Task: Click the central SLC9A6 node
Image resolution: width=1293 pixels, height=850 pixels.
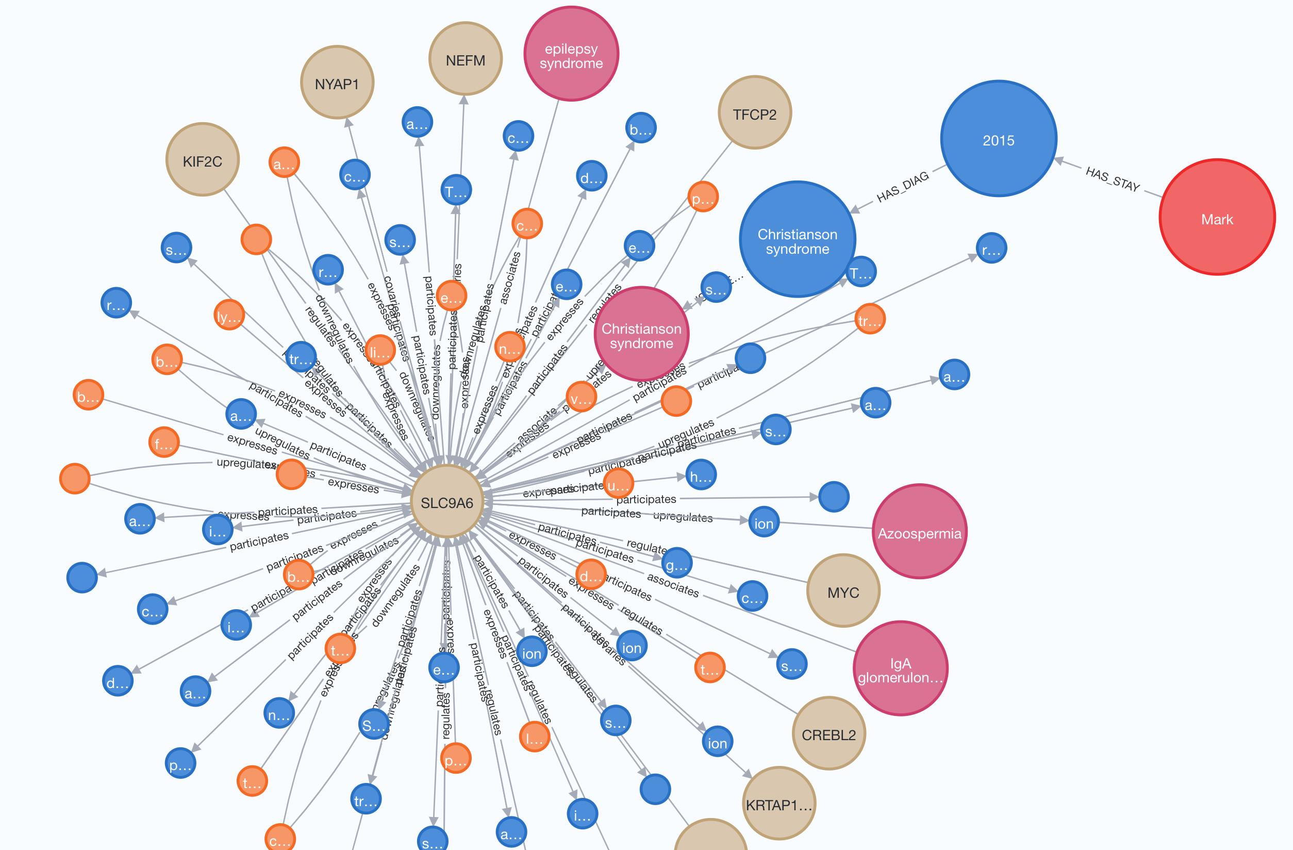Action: [446, 502]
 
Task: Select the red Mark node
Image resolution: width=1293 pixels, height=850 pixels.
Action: [1216, 217]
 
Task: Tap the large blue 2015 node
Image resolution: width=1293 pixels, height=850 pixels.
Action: [998, 139]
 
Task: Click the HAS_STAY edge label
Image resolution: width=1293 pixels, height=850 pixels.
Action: [1112, 179]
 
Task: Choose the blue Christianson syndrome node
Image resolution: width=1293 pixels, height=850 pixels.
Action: [797, 240]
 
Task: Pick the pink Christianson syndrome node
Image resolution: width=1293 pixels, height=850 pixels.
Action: [641, 334]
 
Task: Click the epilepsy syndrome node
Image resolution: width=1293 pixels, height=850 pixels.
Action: [571, 54]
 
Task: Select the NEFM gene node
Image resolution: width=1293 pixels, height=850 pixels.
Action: [465, 59]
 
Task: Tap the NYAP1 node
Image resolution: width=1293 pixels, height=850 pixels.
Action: [337, 83]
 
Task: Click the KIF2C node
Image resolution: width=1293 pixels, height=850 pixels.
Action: [202, 160]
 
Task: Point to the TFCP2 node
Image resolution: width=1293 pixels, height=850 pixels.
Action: [754, 113]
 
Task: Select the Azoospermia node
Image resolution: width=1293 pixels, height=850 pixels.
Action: [919, 532]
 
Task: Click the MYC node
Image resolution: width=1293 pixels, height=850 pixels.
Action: [842, 591]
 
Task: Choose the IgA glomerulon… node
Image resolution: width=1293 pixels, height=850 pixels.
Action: [900, 668]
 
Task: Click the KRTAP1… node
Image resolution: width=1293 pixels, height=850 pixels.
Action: [778, 803]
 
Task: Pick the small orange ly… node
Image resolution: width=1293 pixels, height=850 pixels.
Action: [229, 315]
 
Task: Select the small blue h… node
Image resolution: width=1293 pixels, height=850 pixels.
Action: [700, 475]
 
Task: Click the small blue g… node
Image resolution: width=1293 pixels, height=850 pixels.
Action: [676, 563]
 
